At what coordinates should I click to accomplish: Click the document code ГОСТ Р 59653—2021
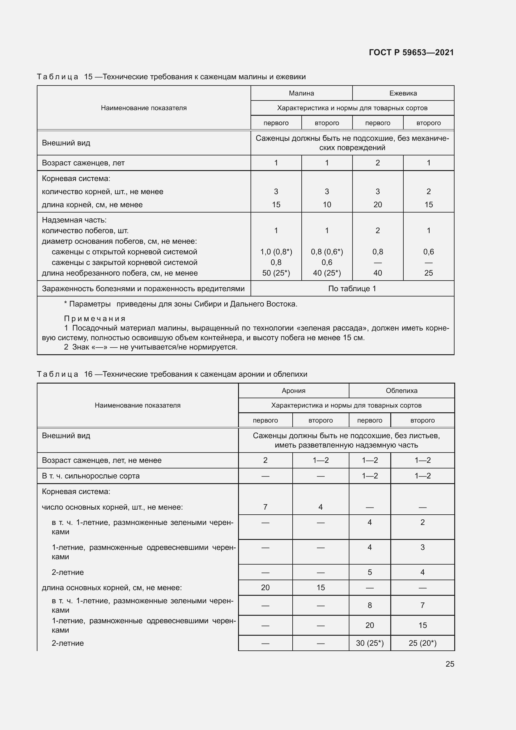click(411, 52)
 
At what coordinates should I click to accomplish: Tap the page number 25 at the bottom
click(450, 664)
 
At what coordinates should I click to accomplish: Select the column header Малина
click(301, 93)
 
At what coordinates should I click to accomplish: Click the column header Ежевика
click(403, 93)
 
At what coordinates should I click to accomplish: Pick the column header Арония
click(293, 390)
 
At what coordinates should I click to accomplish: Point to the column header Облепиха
click(401, 390)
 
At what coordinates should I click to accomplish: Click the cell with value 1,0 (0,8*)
click(276, 252)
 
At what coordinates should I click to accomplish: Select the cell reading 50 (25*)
click(276, 273)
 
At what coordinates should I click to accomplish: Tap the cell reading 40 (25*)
click(327, 273)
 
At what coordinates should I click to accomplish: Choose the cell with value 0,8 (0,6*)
click(327, 252)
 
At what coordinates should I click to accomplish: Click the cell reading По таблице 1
click(352, 289)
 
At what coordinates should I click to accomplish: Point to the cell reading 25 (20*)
click(422, 643)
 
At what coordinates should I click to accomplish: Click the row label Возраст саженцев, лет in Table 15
click(83, 163)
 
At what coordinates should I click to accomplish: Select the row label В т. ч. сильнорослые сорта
click(90, 476)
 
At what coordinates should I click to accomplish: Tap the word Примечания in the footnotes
click(95, 319)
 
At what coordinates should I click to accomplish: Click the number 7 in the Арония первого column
click(265, 507)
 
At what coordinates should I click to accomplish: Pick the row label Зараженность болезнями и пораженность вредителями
click(143, 289)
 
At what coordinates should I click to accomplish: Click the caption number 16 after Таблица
click(88, 374)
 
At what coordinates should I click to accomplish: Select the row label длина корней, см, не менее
click(92, 205)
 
